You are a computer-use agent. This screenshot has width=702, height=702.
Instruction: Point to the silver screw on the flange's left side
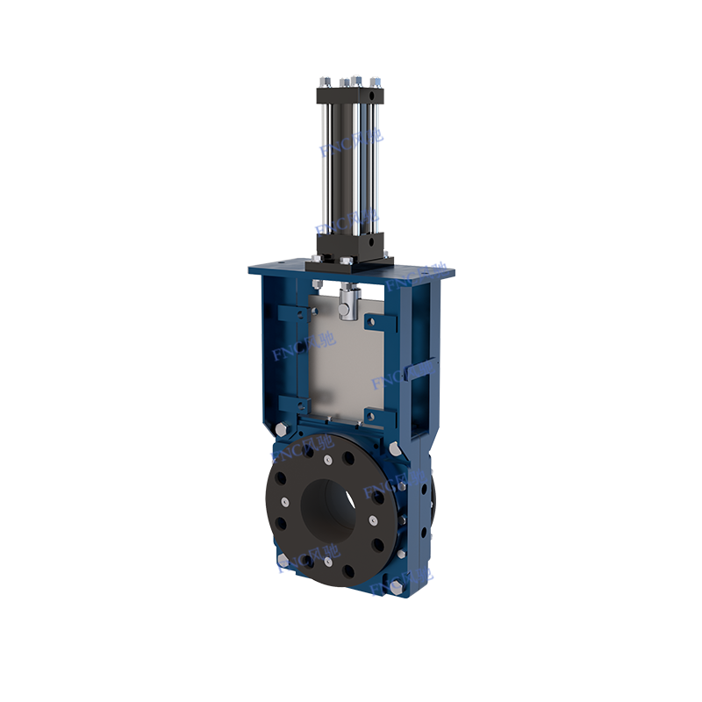pos(285,502)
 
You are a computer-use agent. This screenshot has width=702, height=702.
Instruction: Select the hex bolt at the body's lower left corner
pos(282,561)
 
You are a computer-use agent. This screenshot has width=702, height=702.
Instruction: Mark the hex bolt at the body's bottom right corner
pos(394,585)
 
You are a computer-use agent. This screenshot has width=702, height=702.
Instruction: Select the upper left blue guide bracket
pos(295,312)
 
